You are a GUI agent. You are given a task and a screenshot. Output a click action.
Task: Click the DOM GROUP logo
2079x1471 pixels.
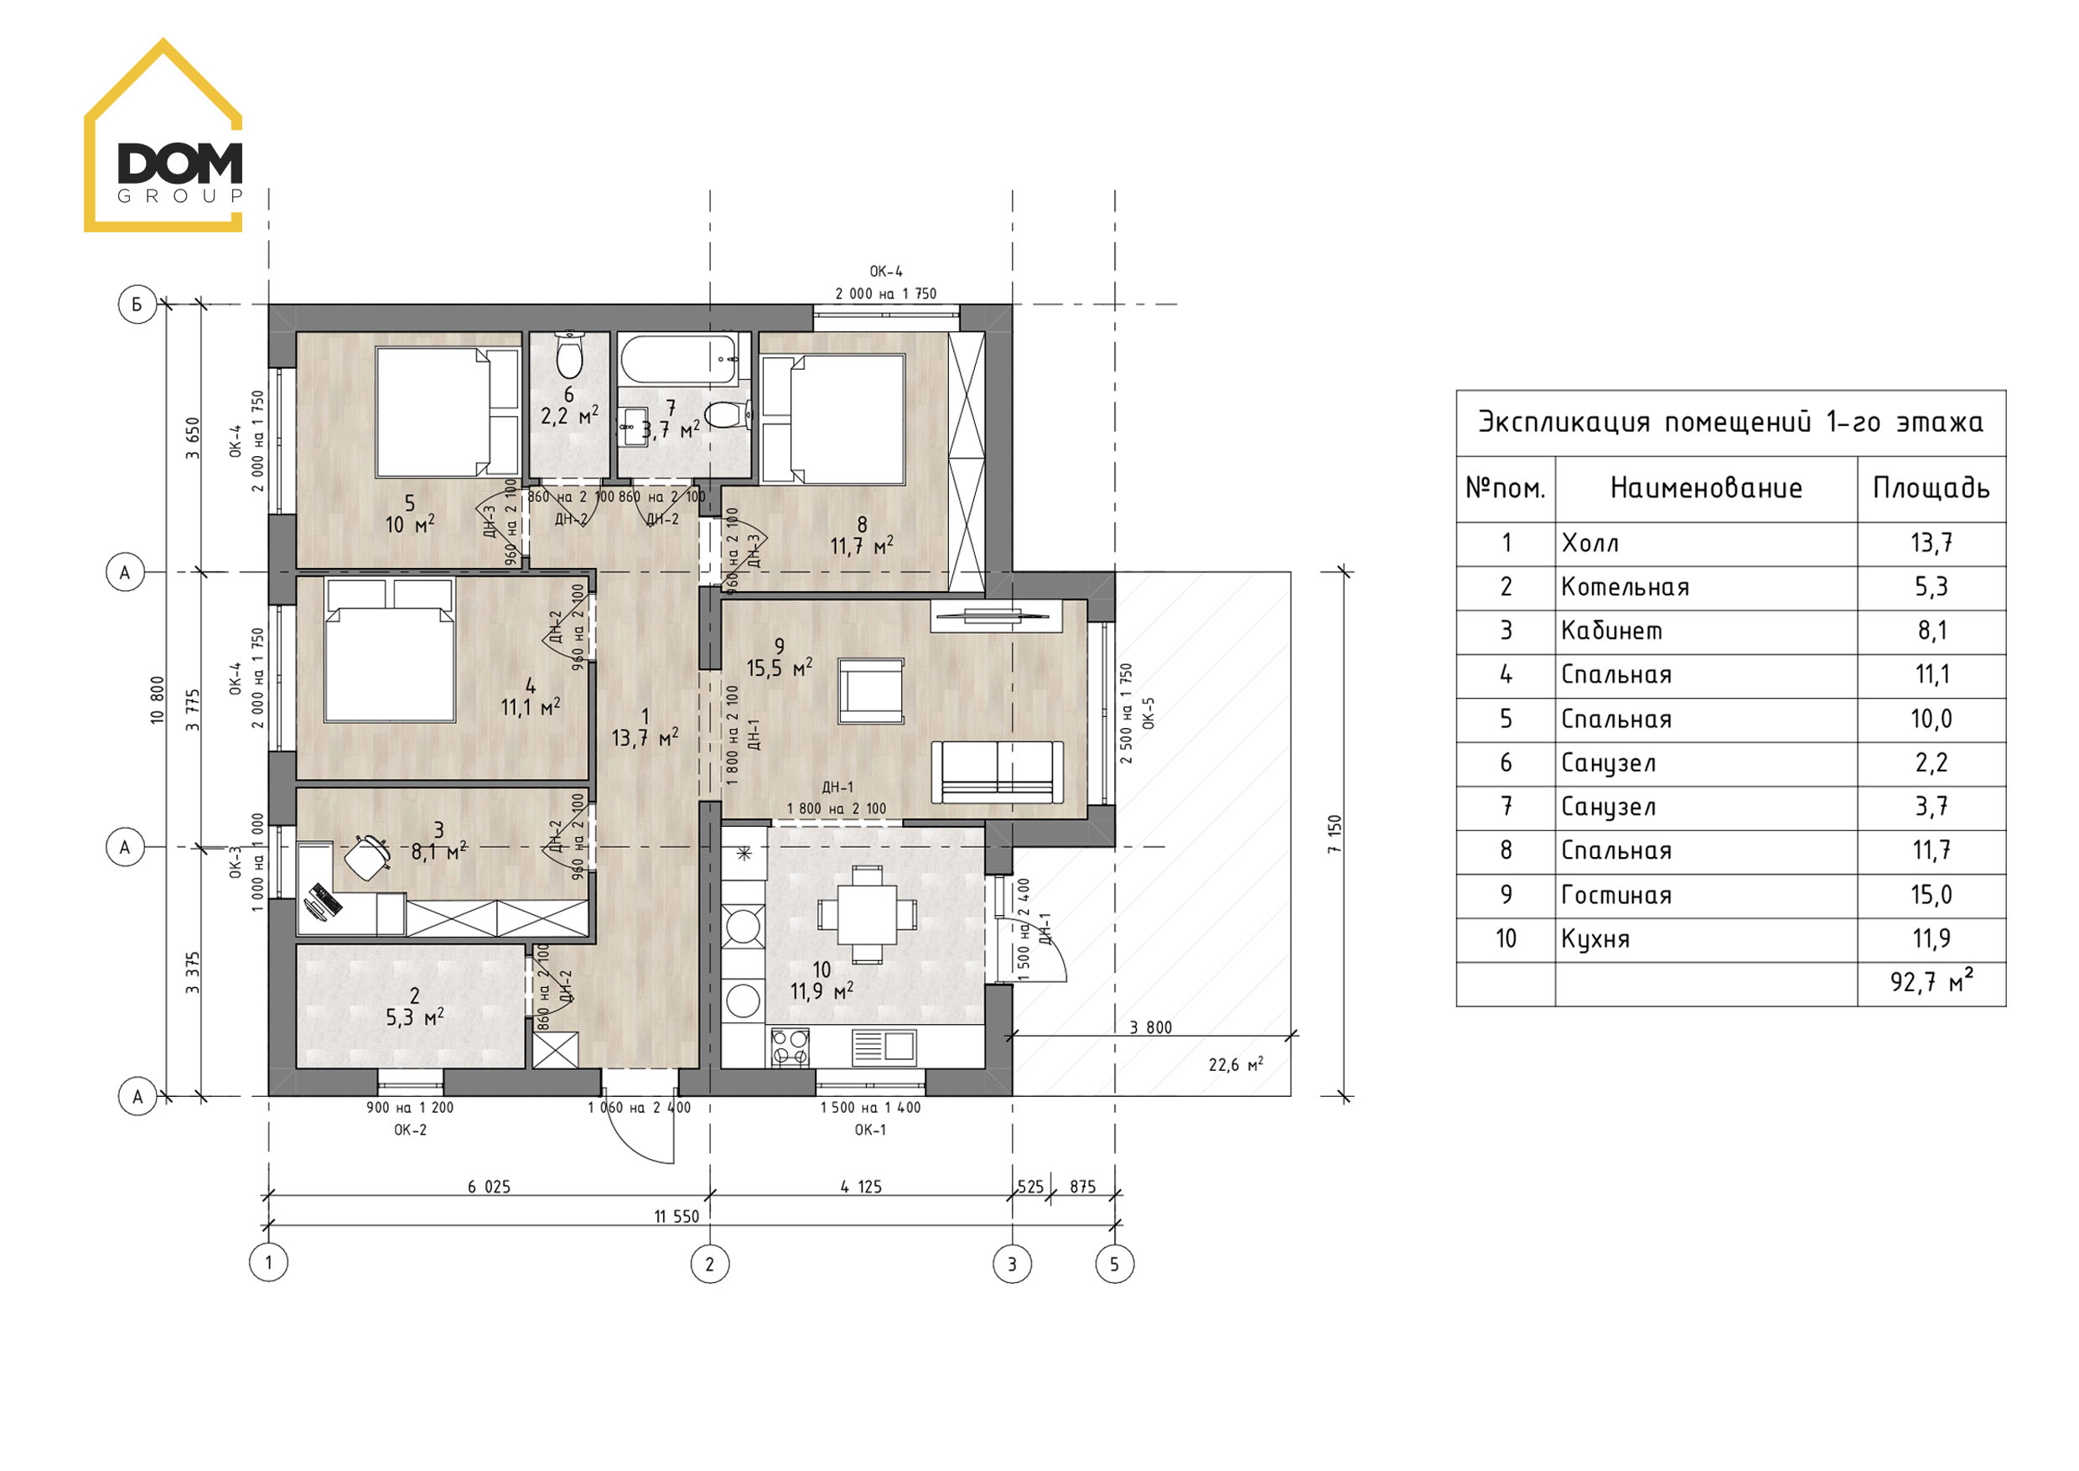(163, 136)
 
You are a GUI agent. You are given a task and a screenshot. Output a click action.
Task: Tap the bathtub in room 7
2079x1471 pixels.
(684, 360)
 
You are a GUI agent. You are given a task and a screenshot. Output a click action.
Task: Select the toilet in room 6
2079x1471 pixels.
(568, 356)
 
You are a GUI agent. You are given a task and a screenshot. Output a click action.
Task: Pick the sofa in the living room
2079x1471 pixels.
(998, 772)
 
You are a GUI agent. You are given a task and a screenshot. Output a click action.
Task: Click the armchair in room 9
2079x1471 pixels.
(871, 690)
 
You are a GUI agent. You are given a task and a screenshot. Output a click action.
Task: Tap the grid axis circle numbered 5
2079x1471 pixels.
(1115, 1264)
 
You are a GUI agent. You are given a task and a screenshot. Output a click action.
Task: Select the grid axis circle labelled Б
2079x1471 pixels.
(137, 304)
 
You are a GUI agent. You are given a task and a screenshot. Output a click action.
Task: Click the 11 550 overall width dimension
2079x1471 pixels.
(677, 1217)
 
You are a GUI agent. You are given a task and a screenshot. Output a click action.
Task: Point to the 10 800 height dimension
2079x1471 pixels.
(158, 699)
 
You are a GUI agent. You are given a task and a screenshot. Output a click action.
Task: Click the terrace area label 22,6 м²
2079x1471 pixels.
(1236, 1065)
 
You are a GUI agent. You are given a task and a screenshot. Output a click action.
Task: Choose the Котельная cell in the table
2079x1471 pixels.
(1625, 587)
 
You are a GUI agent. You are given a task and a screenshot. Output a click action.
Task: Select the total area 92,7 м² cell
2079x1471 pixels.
(1931, 982)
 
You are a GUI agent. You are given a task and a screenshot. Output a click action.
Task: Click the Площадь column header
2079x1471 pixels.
(1931, 489)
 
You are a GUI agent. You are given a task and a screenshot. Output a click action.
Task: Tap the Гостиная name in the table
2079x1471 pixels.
(1616, 895)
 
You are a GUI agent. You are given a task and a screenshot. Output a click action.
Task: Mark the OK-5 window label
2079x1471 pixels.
(1149, 713)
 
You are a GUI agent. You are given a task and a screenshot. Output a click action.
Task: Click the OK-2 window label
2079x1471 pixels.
(410, 1131)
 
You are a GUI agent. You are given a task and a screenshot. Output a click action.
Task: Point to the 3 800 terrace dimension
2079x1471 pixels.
(1151, 1028)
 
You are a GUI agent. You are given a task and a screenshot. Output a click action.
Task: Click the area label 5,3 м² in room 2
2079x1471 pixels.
(415, 1018)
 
